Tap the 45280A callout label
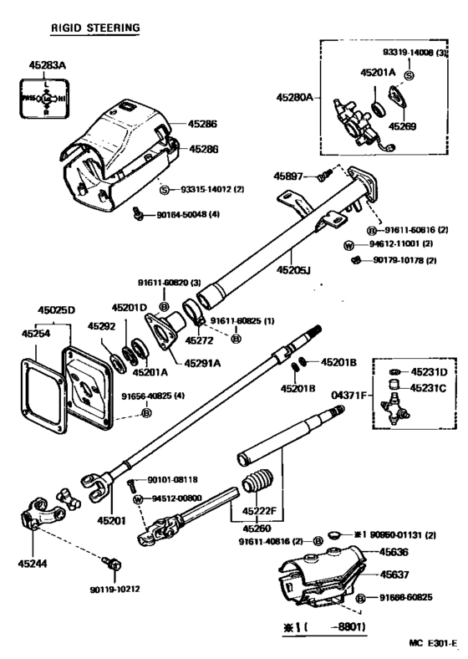click(x=295, y=98)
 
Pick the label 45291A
click(x=203, y=363)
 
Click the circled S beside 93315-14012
click(x=164, y=189)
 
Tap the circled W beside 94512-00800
click(x=139, y=499)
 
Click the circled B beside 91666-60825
click(x=360, y=598)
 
